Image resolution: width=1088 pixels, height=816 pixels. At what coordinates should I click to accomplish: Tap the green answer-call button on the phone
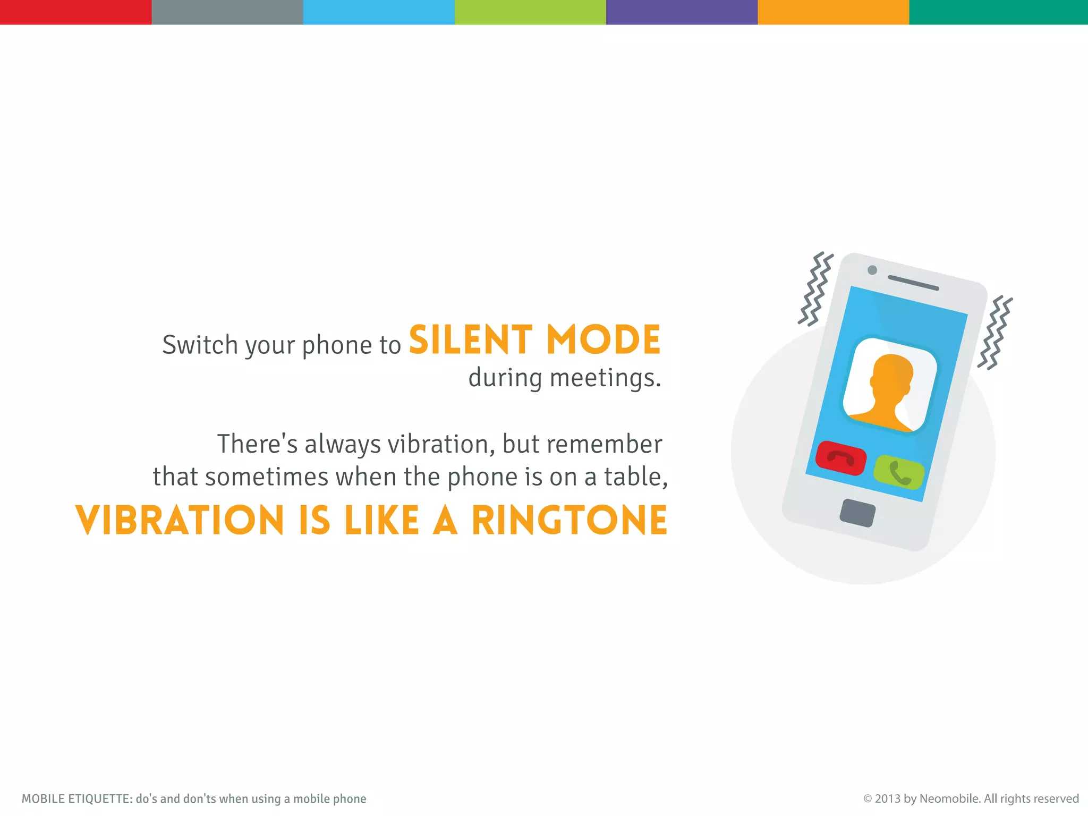899,472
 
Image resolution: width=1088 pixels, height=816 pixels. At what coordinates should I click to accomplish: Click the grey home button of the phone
857,513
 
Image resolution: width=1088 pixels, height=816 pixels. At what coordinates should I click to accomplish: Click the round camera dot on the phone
872,270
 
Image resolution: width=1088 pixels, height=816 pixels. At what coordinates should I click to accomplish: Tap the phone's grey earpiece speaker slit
913,283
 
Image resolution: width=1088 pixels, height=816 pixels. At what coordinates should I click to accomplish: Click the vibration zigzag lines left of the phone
814,289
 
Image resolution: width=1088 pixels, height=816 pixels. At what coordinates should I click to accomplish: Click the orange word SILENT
470,340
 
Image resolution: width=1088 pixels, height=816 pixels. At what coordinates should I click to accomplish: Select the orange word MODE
603,340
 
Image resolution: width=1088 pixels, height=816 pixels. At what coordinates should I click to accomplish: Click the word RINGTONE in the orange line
569,520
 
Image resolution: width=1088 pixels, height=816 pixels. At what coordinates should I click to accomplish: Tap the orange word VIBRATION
180,520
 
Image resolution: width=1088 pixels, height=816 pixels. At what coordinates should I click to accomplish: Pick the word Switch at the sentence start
200,345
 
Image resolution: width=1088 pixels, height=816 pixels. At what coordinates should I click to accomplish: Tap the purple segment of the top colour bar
682,12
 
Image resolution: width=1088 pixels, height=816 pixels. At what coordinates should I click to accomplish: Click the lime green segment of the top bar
530,12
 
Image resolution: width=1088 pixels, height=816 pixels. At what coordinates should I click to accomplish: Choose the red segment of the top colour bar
75,12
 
